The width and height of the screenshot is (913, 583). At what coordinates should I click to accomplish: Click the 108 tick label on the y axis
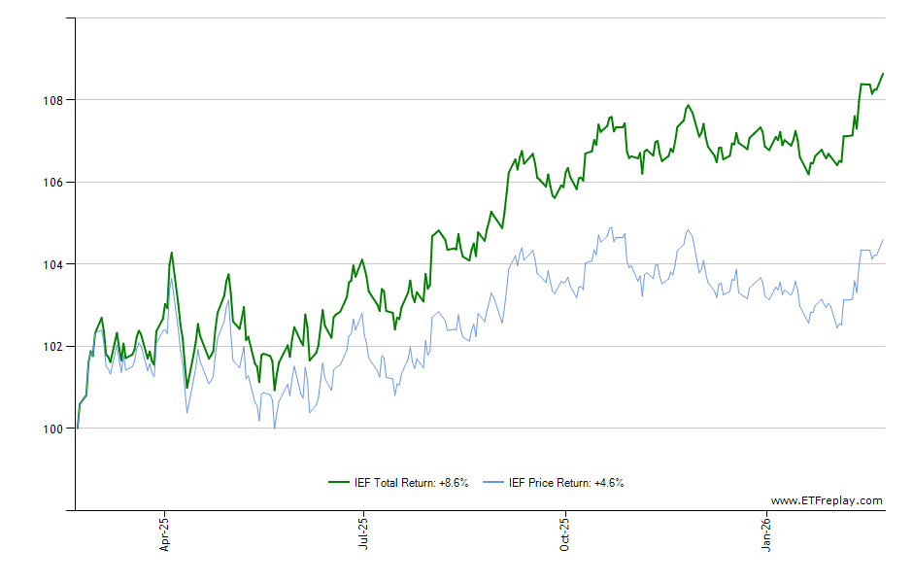pos(53,100)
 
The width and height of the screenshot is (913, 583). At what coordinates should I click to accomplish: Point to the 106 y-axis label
pos(53,182)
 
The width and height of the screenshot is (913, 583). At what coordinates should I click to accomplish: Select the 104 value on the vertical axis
pos(53,264)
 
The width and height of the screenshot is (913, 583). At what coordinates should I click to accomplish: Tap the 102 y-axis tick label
pos(53,346)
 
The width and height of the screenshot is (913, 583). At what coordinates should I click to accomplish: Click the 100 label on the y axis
pos(53,429)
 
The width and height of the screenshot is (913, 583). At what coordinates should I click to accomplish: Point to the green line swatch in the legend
pos(339,483)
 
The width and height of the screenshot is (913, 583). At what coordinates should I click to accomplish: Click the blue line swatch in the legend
pos(494,483)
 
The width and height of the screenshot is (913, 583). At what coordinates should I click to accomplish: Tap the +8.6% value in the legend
pos(454,483)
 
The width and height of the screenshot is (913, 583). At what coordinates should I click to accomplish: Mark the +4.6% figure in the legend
pos(608,483)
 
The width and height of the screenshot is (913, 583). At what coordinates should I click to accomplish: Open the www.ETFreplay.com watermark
pos(826,501)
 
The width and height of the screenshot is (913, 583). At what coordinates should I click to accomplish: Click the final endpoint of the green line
pos(883,73)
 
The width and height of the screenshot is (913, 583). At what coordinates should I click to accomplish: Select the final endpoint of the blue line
pos(883,240)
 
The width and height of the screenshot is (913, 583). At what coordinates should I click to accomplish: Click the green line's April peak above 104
pos(171,253)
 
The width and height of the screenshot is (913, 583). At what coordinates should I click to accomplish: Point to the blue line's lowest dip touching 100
pos(274,428)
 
